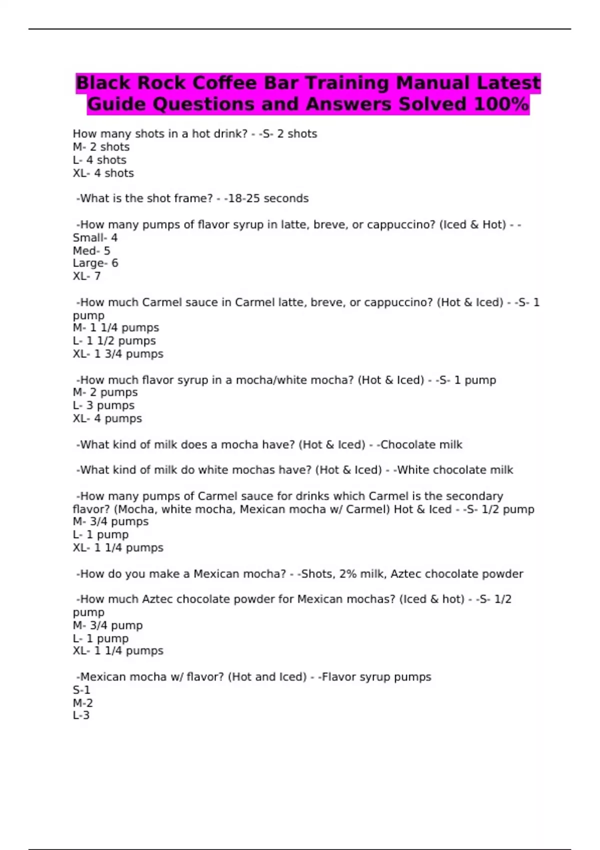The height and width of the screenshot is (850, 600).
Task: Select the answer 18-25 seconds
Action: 268,198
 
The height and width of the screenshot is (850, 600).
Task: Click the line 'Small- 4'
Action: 95,238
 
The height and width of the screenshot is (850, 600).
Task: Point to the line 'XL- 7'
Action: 87,276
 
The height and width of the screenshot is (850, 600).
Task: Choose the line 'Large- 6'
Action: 95,263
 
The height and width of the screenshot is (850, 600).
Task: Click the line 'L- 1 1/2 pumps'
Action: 114,341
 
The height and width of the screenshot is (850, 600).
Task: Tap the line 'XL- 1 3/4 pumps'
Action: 118,354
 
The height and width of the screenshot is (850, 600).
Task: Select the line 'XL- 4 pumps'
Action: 107,418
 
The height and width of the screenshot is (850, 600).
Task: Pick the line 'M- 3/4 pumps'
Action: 110,521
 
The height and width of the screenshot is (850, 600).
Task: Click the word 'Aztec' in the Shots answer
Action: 405,574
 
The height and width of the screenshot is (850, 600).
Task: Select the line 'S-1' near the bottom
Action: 81,690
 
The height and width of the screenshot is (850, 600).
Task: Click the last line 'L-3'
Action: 81,715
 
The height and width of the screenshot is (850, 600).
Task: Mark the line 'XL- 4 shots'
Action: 103,173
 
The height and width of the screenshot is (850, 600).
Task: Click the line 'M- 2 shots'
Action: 101,147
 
